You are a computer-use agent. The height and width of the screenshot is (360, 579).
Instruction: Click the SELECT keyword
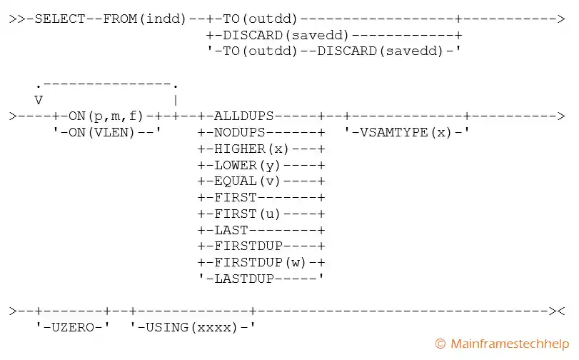tap(61, 19)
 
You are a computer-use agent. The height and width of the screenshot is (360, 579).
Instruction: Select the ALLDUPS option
tap(245, 115)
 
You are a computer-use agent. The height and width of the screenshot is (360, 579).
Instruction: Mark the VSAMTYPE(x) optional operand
tap(406, 132)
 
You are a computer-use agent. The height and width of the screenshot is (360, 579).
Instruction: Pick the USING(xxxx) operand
tap(193, 327)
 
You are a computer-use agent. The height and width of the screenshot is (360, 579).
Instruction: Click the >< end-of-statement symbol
tap(558, 311)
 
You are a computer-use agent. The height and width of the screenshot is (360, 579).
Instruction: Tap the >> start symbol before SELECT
tap(16, 19)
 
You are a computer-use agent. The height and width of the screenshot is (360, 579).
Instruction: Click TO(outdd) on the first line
tap(257, 19)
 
